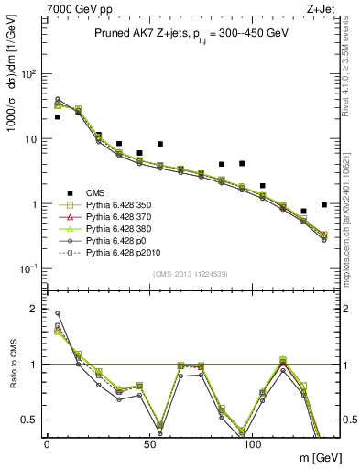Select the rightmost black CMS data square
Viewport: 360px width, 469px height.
coord(324,205)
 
